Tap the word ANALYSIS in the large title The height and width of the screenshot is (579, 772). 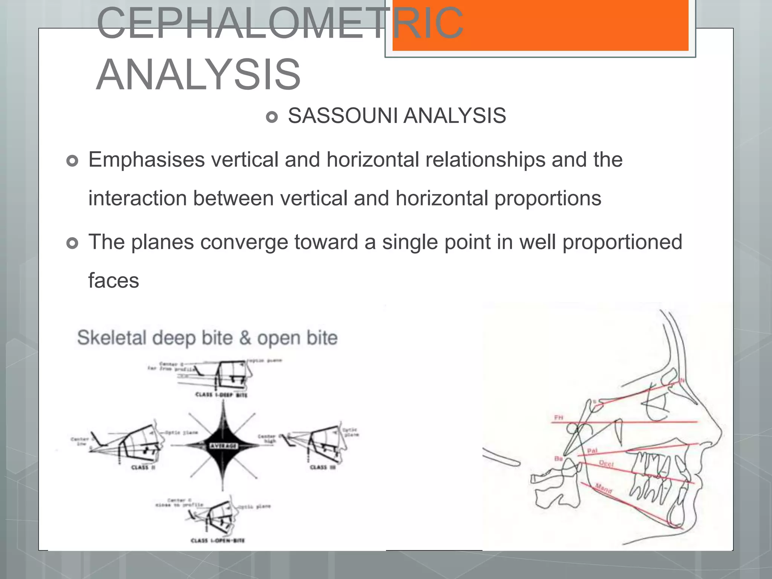[198, 75]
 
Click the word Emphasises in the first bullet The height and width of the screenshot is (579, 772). [147, 160]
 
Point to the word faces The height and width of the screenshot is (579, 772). [113, 281]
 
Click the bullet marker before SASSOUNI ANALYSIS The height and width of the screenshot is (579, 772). [271, 117]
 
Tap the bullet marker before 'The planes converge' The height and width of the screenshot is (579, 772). [72, 243]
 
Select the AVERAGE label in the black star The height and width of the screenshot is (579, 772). [223, 446]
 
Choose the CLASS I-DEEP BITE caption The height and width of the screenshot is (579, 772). [221, 395]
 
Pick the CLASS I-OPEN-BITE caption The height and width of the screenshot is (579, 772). [218, 541]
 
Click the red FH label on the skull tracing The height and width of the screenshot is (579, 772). [559, 418]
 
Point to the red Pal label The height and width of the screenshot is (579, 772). [592, 451]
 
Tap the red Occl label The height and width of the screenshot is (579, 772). [606, 464]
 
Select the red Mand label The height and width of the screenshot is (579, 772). [604, 489]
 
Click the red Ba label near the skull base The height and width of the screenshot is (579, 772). [558, 459]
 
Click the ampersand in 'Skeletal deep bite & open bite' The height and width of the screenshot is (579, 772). [245, 338]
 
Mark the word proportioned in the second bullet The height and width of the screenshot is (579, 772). [622, 242]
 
